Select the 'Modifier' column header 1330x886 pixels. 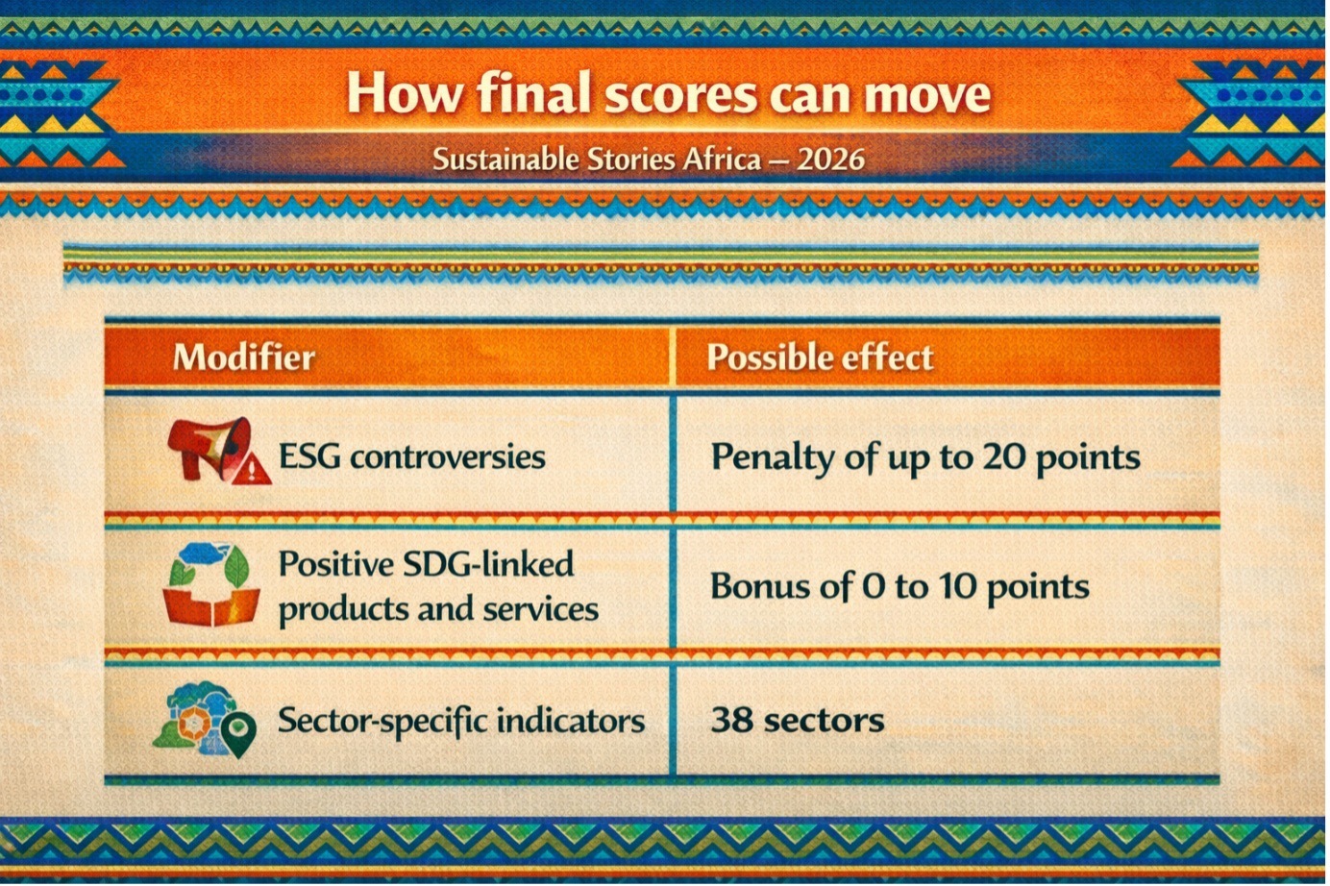click(244, 357)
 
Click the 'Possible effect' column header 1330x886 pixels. click(820, 357)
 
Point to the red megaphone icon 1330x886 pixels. click(209, 447)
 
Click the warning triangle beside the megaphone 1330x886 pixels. click(252, 471)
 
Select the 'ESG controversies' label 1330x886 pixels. click(411, 457)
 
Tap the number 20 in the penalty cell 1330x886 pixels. click(1003, 456)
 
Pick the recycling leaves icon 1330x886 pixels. click(210, 584)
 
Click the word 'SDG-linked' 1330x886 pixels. click(487, 563)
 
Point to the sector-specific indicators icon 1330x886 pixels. click(205, 720)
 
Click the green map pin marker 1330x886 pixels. click(238, 734)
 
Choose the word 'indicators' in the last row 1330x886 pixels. click(570, 721)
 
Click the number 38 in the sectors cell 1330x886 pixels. click(731, 719)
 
